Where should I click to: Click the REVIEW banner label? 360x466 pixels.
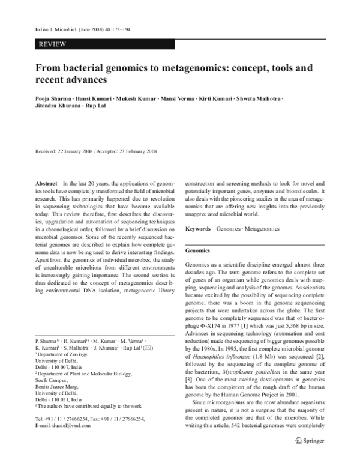(x=52, y=44)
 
